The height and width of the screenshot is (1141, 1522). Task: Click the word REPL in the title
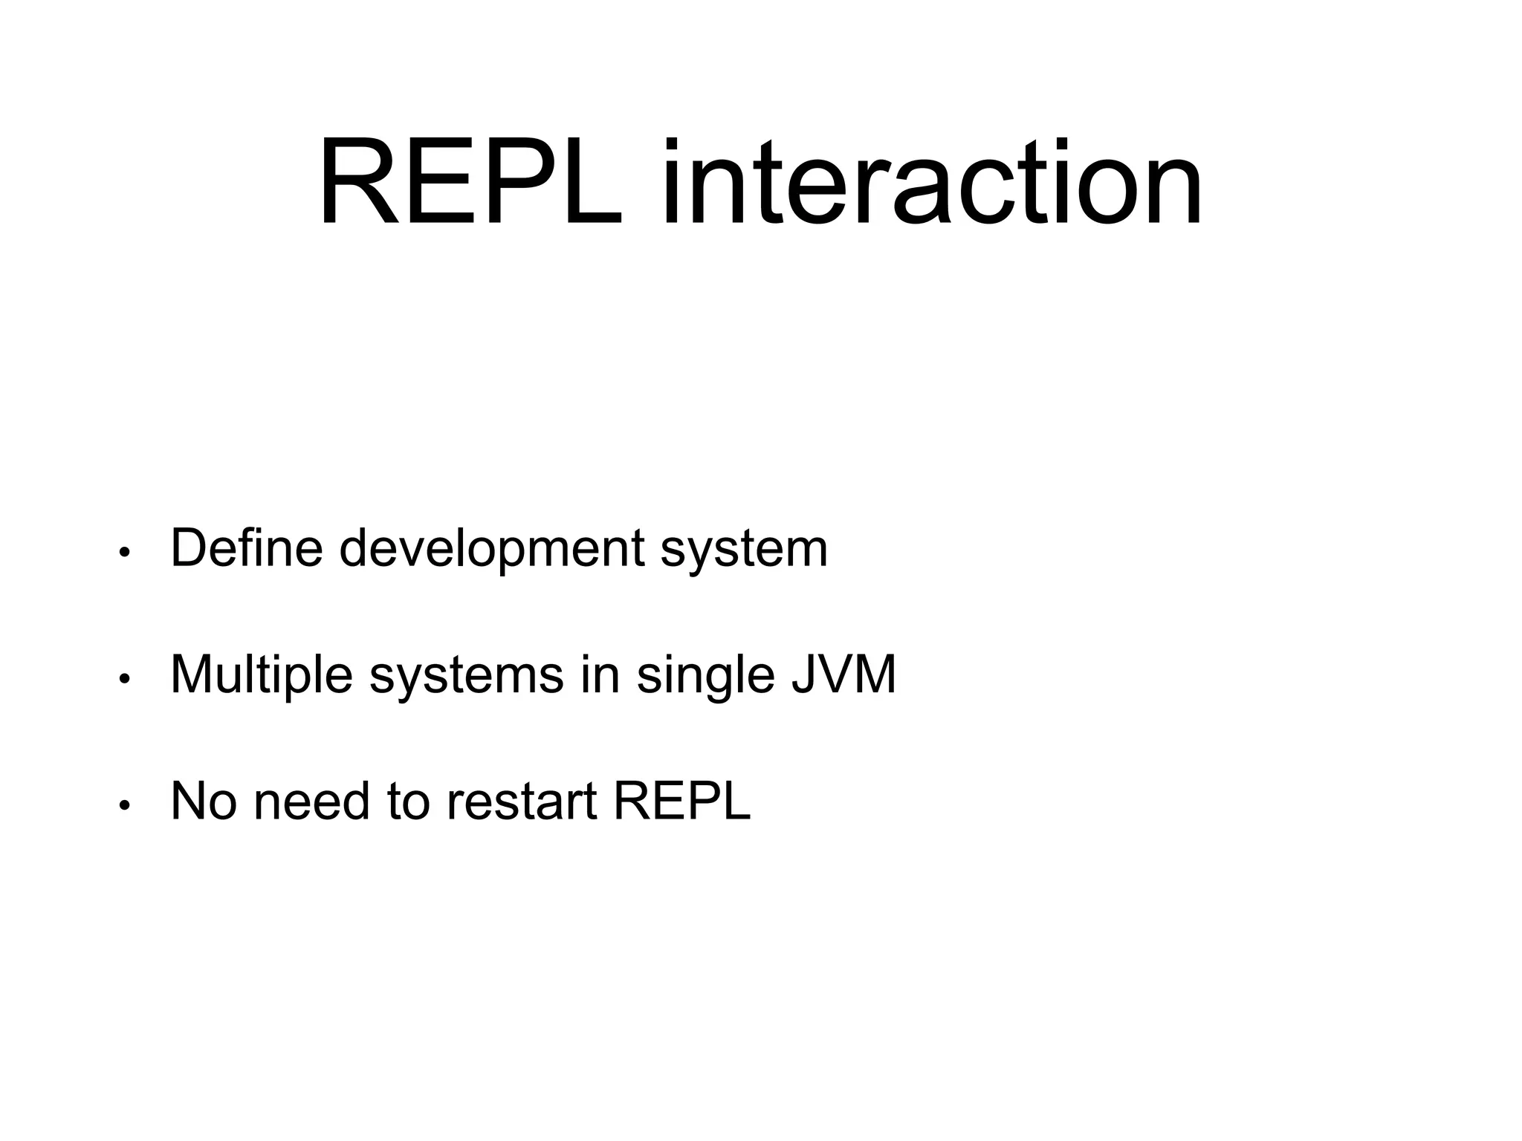470,183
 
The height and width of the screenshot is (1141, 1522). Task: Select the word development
491,549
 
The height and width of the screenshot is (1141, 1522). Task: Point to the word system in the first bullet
744,549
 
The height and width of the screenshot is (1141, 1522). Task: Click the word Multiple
262,675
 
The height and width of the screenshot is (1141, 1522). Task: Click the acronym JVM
843,675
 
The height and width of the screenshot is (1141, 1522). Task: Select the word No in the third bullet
204,802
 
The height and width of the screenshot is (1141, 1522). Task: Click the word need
311,802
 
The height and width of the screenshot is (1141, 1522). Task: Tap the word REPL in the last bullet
681,802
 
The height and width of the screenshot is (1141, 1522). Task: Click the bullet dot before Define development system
125,553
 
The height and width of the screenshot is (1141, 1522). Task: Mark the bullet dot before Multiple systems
125,679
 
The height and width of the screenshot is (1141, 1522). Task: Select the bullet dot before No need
125,805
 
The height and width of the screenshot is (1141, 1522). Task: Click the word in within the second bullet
600,675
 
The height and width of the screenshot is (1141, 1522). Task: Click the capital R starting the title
355,183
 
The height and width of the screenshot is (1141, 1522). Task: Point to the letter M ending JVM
874,675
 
